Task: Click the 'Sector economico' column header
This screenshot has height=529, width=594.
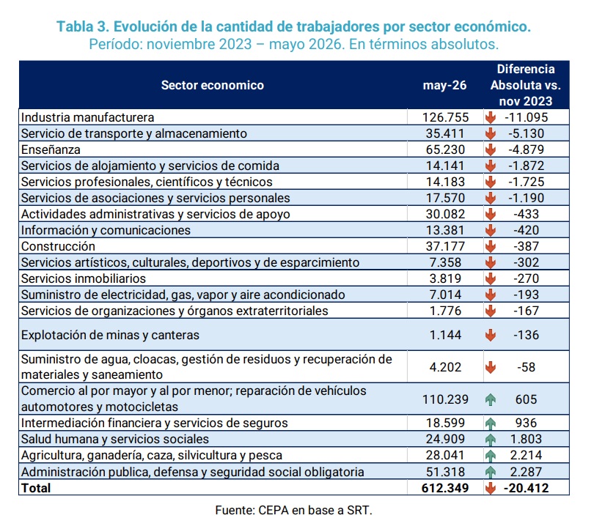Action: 213,85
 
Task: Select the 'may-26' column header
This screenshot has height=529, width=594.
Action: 444,85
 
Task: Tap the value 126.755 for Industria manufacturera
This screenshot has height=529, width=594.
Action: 446,117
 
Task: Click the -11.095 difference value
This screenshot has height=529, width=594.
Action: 527,117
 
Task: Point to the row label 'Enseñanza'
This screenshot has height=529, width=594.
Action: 51,150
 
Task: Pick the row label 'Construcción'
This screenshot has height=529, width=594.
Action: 58,246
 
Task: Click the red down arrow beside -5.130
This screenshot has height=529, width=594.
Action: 491,133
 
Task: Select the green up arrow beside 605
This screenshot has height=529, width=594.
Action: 491,399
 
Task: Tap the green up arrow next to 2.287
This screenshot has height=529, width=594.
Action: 491,472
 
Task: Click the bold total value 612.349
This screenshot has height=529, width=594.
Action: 445,488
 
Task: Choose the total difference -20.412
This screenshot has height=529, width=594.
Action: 527,488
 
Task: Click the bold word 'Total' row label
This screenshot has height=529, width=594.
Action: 36,488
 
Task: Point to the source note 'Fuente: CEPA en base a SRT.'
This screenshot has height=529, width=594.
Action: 293,510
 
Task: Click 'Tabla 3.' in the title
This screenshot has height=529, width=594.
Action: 82,26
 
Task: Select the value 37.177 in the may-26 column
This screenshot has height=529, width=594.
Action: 446,246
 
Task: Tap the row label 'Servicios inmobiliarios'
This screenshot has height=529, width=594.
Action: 84,278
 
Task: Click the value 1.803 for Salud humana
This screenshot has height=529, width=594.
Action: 527,439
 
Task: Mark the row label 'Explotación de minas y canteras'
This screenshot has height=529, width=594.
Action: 110,336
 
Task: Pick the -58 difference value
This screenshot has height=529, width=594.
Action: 527,367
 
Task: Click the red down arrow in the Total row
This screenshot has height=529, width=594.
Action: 491,488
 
